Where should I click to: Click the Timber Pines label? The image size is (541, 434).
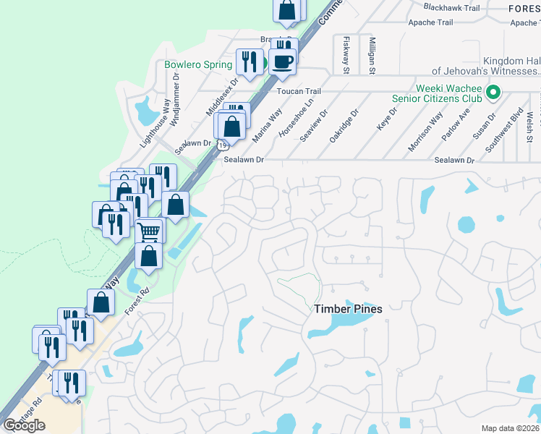[348, 309]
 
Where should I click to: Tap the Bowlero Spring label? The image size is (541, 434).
[197, 64]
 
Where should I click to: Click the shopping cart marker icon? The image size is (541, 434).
[148, 232]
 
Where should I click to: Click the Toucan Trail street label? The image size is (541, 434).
[299, 92]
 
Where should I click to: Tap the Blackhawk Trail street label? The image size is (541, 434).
[452, 8]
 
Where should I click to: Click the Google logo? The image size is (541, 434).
[24, 425]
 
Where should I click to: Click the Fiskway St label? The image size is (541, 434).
[346, 55]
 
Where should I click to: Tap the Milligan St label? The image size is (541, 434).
[372, 56]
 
